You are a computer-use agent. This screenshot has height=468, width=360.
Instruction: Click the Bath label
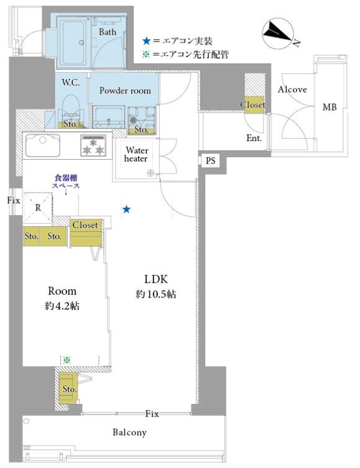point(108,32)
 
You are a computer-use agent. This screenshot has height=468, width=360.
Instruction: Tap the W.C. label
point(71,83)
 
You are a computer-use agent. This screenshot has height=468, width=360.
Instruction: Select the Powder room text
point(125,91)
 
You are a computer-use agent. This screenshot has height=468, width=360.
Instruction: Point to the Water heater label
point(136,154)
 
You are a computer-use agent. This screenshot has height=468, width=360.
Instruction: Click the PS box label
point(210,161)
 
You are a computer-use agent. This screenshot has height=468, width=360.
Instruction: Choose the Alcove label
point(292,89)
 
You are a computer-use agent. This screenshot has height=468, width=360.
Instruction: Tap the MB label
point(330,107)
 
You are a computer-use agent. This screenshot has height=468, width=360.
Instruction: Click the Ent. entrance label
point(254,138)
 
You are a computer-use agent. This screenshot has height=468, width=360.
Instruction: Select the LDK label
point(156,279)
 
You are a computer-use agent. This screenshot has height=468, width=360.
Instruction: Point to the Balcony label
point(129,433)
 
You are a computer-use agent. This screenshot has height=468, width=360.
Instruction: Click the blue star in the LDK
point(127,209)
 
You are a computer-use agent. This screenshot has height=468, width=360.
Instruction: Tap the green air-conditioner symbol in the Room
point(67,360)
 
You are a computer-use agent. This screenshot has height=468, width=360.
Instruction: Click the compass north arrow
point(278,33)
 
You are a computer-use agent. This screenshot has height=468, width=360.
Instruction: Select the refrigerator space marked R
point(37,208)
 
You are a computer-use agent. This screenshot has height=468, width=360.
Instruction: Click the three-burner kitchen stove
point(93,145)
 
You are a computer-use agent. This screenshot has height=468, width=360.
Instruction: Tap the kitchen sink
point(43,145)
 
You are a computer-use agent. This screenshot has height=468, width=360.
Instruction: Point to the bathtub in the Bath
point(73,42)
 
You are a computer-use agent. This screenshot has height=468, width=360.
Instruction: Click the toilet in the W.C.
point(71,110)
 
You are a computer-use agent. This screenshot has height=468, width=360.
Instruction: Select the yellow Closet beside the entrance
point(254,105)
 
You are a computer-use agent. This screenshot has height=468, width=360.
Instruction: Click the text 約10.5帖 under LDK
point(156,295)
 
